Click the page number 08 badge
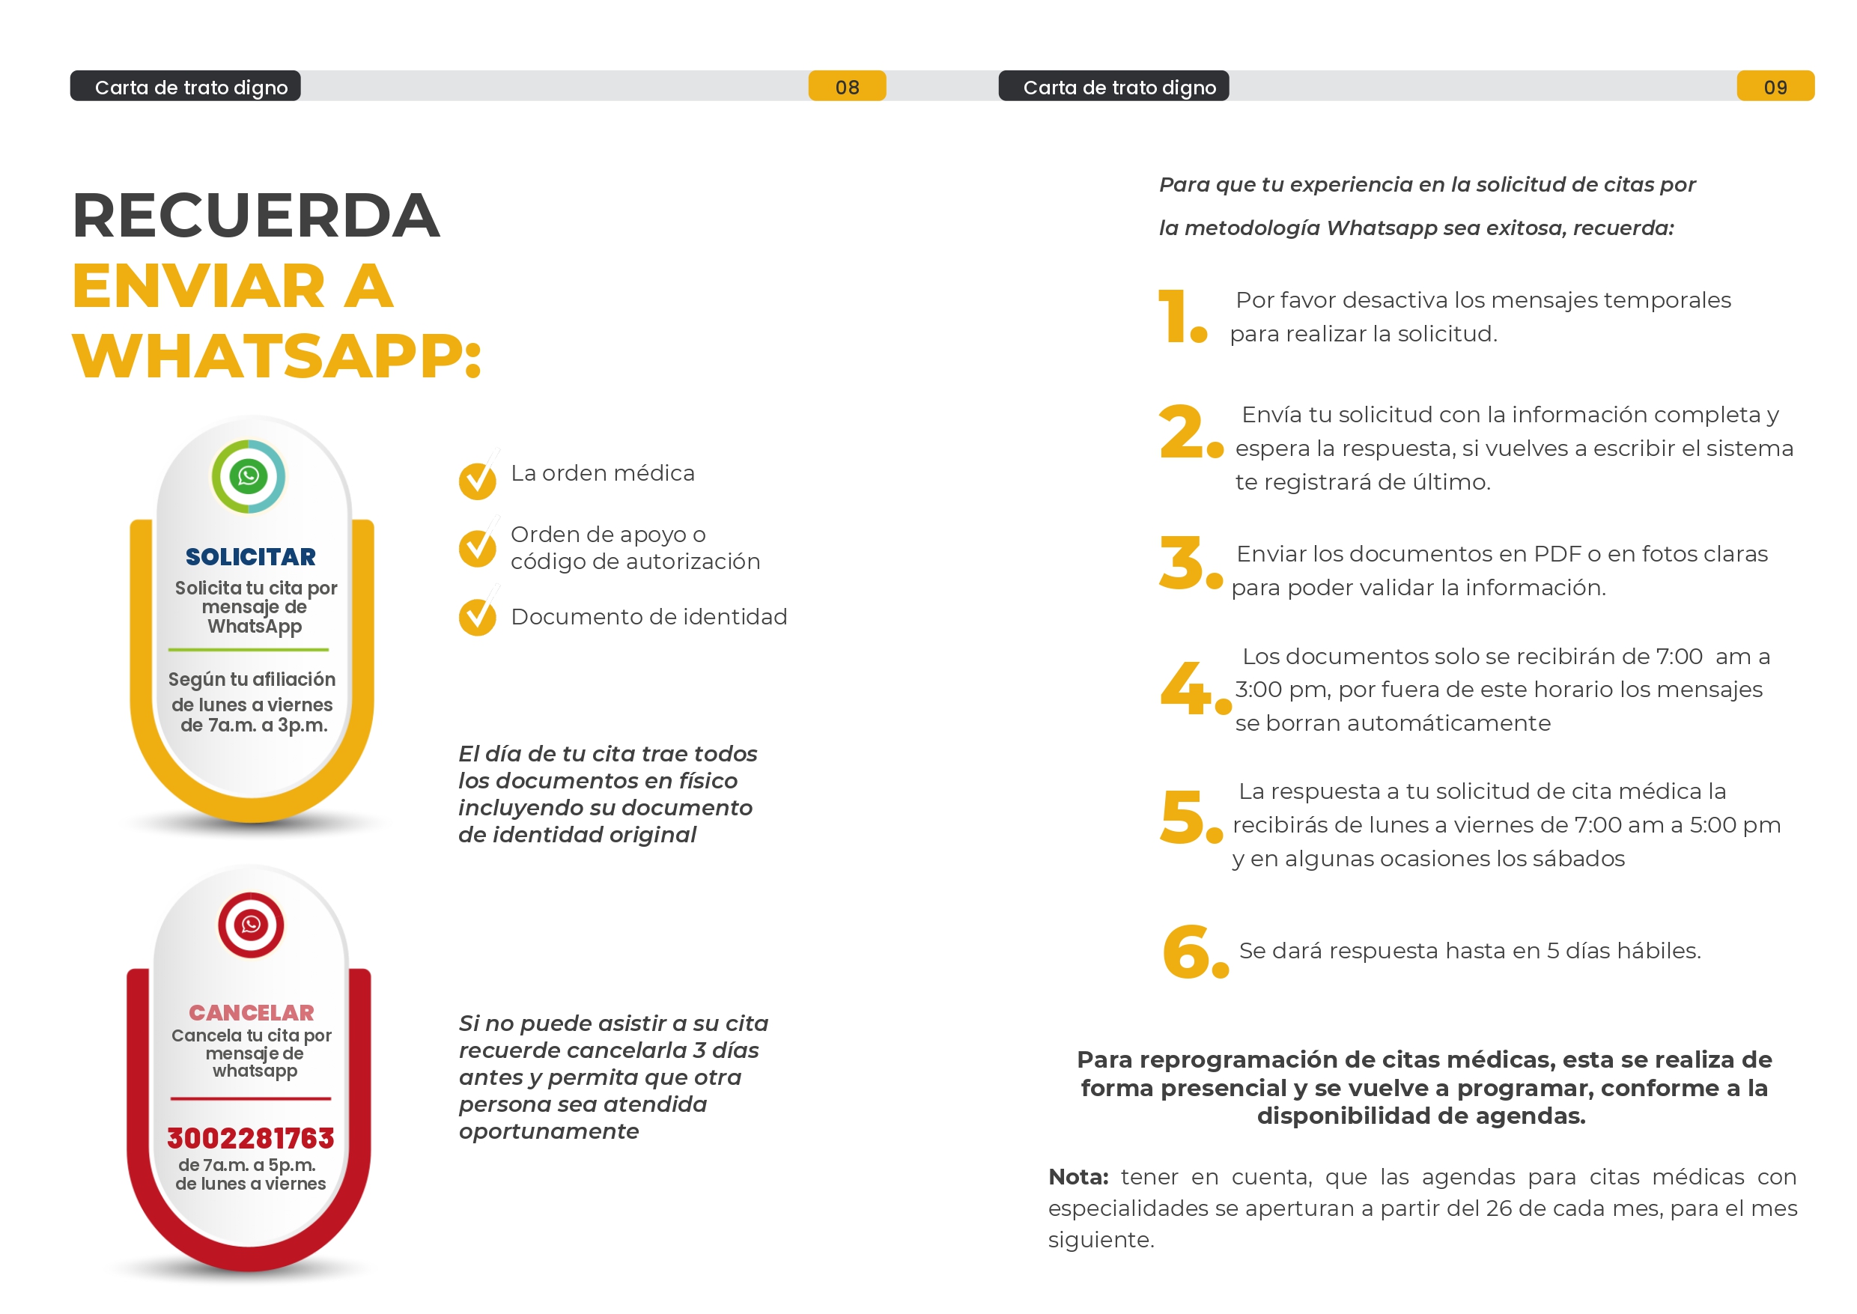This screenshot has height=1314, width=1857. click(846, 87)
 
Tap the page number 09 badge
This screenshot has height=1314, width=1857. click(1775, 87)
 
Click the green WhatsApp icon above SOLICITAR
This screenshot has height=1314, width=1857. click(249, 475)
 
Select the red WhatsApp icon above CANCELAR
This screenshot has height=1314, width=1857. click(251, 924)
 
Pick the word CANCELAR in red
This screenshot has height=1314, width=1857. click(251, 1012)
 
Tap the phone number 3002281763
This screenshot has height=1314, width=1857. click(251, 1137)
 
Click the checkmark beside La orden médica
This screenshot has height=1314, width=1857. click(478, 480)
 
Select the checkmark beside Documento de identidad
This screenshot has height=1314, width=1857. click(478, 618)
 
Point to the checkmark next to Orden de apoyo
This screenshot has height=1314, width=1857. click(478, 548)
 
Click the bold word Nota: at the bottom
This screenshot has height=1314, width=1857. click(1078, 1176)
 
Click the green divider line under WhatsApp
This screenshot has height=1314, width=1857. click(249, 650)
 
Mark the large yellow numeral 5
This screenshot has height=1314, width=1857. click(1182, 817)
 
